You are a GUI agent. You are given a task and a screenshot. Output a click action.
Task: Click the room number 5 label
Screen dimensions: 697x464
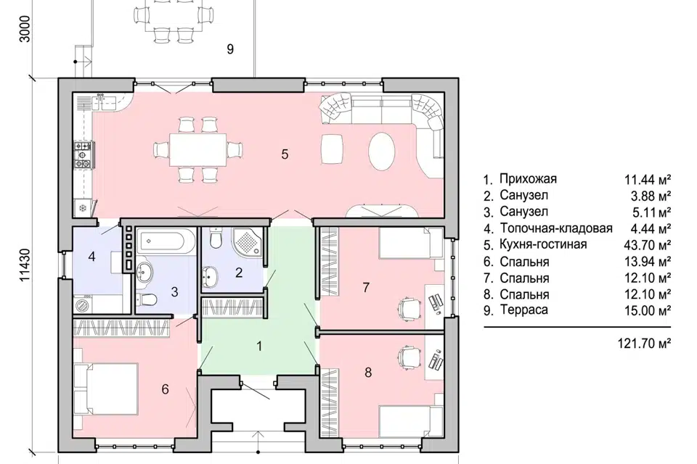coord(285,154)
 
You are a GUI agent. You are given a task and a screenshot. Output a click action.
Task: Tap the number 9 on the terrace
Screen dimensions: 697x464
coord(230,49)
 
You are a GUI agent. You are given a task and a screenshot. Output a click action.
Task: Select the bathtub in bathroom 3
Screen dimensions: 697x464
coord(166,241)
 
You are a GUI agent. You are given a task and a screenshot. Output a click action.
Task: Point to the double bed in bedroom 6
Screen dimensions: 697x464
coord(106,389)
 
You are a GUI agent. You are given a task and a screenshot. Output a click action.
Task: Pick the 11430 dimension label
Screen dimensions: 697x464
coord(25,265)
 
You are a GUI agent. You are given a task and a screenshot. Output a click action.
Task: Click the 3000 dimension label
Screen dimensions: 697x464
coord(25,29)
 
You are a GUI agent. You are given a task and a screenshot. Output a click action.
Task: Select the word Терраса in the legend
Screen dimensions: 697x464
coord(523,310)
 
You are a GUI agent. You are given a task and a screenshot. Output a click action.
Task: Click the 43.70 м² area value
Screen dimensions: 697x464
coord(647,245)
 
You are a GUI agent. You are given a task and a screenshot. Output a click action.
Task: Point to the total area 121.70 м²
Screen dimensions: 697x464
coord(644,343)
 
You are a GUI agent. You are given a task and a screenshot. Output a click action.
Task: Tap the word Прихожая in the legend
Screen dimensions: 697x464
coord(528,179)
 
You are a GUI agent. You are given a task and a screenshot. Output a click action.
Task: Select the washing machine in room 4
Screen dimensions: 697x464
coord(83,305)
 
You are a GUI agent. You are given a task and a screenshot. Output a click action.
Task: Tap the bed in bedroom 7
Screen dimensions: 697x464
coord(411,243)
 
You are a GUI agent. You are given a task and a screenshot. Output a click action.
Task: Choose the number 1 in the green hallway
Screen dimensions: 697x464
coord(260,346)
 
